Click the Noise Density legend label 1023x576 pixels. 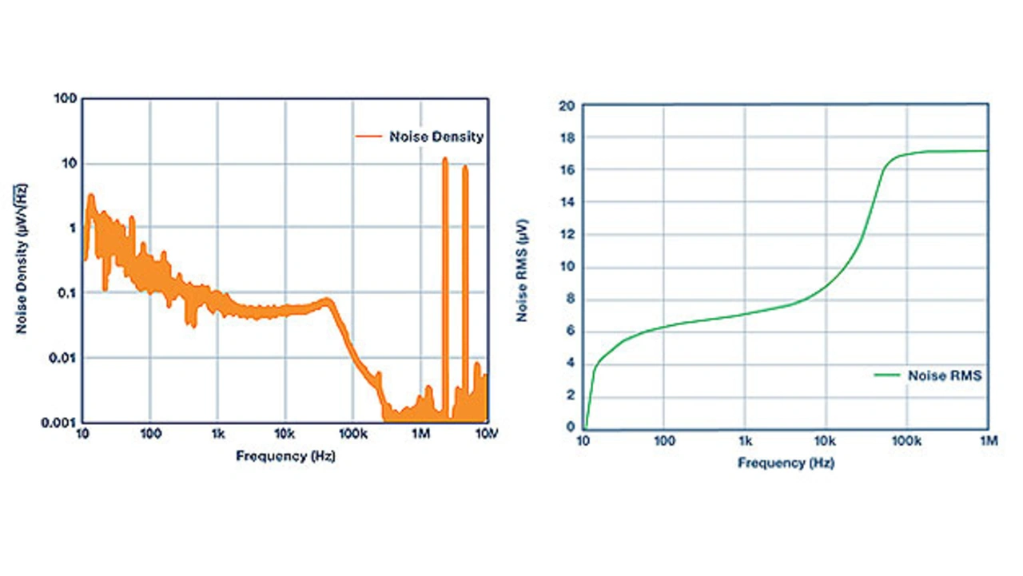point(436,137)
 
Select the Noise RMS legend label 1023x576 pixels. point(944,375)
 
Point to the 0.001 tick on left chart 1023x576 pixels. point(59,422)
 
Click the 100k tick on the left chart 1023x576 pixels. point(352,434)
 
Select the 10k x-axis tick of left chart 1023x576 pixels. point(285,434)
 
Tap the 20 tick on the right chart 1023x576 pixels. point(567,105)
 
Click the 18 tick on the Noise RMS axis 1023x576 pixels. point(567,137)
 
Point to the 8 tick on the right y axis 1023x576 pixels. point(570,299)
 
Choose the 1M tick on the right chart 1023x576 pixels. point(988,440)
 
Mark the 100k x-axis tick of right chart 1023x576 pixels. point(906,440)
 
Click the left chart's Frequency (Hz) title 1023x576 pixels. point(285,456)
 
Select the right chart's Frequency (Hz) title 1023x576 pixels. point(786,463)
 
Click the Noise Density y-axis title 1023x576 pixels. point(21,258)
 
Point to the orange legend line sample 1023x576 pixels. point(368,137)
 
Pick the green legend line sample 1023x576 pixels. point(886,375)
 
